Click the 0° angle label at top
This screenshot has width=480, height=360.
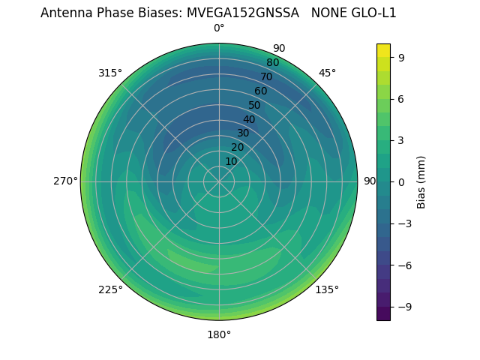click(219, 28)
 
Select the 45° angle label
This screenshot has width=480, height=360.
click(327, 73)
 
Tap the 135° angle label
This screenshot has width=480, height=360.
click(327, 289)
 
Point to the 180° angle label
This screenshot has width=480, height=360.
click(219, 334)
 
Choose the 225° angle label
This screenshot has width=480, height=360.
click(110, 289)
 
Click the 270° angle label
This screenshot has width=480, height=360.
click(65, 181)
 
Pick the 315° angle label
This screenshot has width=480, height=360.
click(110, 73)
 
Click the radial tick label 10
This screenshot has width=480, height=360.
click(231, 161)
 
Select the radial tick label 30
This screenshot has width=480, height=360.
click(243, 133)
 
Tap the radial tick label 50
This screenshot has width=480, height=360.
click(254, 106)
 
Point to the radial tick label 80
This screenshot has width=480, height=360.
click(272, 63)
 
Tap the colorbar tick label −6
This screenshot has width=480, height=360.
click(403, 265)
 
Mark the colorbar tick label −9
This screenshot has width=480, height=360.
click(403, 307)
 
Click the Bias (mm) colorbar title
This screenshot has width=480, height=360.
click(421, 181)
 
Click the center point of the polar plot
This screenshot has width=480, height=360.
click(219, 181)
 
